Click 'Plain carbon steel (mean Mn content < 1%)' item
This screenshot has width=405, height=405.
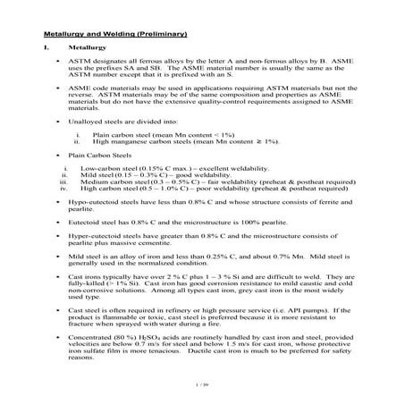pos(161,132)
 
